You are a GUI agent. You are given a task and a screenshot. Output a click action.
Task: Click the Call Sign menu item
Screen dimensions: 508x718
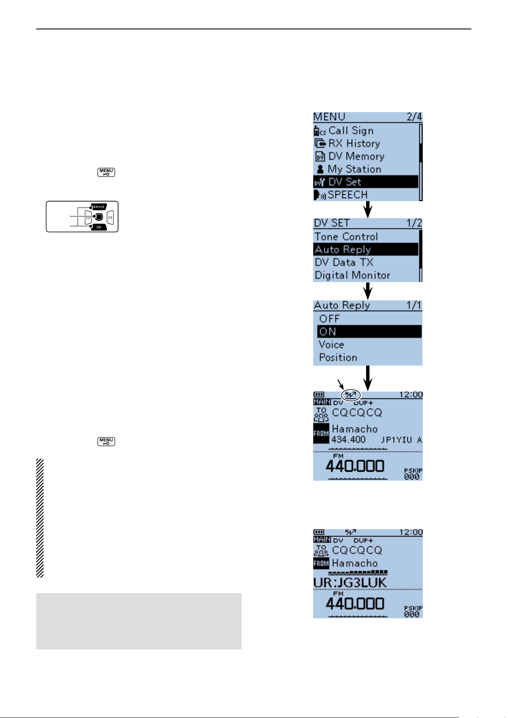tap(351, 131)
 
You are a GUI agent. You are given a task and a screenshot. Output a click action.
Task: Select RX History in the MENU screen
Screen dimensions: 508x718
tap(354, 144)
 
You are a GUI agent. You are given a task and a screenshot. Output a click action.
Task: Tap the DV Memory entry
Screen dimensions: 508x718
tap(356, 156)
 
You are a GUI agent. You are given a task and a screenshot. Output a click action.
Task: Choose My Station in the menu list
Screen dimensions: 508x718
tap(354, 169)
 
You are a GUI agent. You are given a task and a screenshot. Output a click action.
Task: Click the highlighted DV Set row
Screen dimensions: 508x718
tap(365, 182)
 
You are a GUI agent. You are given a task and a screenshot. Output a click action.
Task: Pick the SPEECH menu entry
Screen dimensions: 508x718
tap(347, 195)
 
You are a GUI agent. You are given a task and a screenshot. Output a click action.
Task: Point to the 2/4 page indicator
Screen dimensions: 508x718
tap(414, 117)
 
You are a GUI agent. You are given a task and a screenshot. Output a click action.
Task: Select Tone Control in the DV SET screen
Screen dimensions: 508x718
tap(346, 236)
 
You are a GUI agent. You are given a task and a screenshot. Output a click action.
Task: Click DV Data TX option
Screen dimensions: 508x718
tap(344, 262)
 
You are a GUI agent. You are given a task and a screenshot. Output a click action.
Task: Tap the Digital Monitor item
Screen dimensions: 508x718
tap(352, 275)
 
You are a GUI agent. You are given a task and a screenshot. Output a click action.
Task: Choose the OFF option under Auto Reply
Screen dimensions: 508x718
tap(329, 319)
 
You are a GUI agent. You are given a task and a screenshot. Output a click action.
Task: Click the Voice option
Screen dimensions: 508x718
tap(331, 344)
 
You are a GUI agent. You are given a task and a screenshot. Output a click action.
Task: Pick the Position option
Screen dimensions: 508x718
tap(338, 357)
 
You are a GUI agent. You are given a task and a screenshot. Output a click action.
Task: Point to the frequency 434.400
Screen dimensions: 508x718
tap(349, 439)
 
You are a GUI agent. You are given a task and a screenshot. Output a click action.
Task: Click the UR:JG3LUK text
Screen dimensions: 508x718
tap(350, 582)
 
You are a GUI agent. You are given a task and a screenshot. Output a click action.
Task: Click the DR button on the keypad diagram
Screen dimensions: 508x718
tap(99, 228)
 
